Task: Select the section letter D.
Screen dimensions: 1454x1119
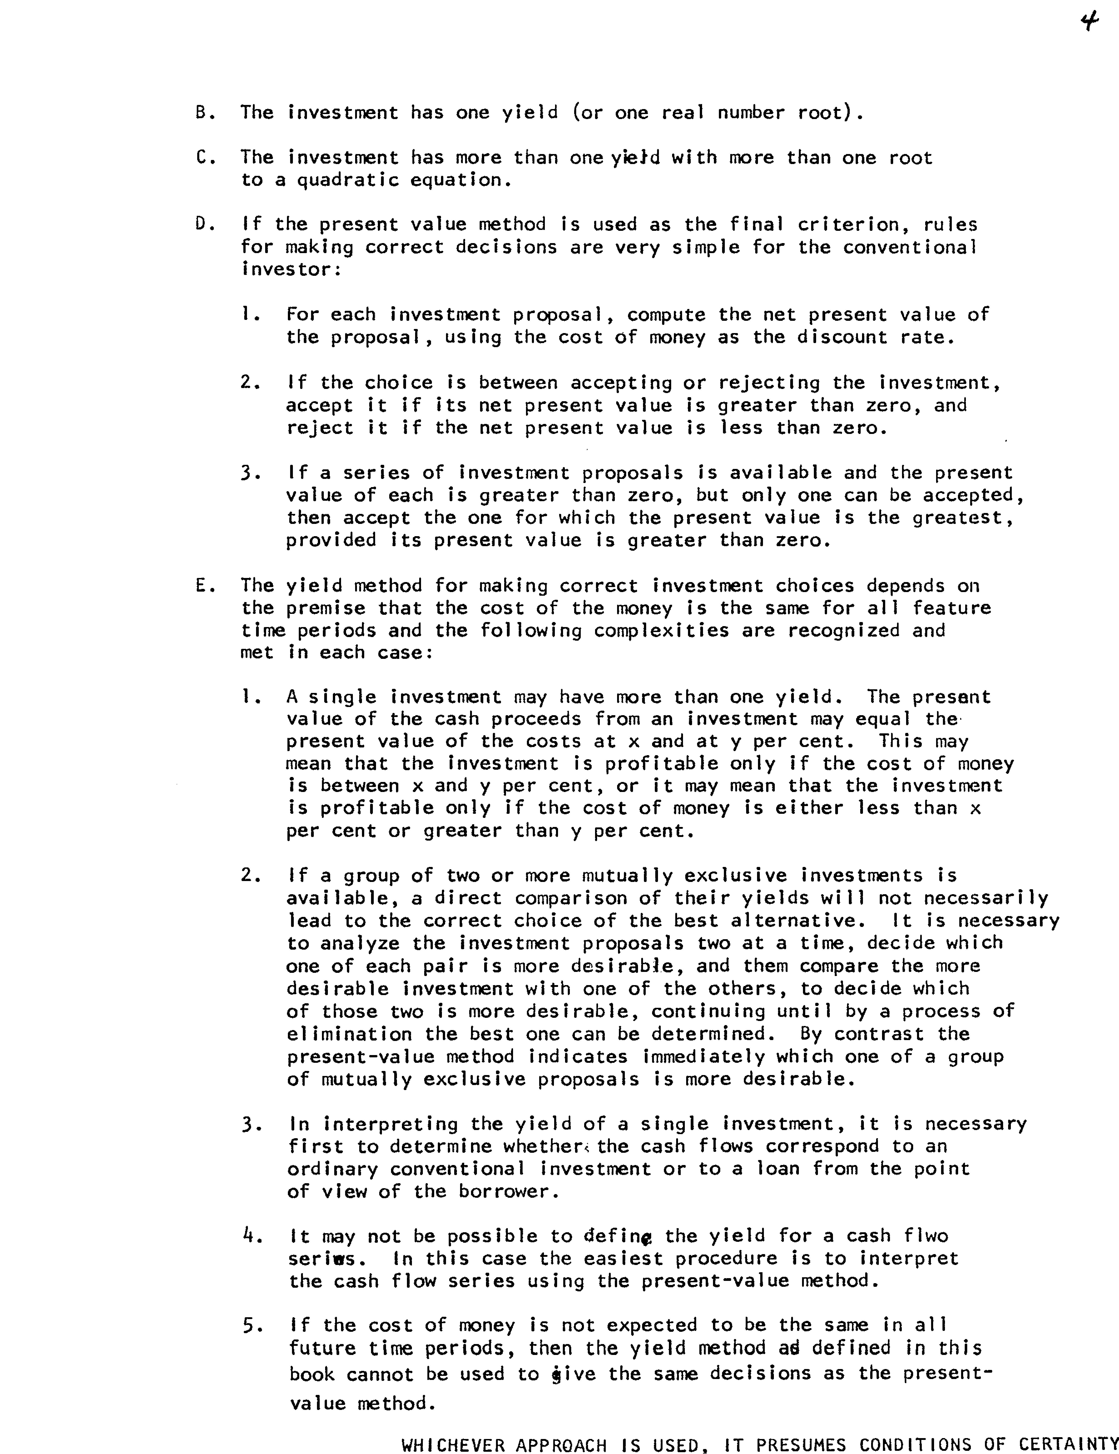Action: coord(202,224)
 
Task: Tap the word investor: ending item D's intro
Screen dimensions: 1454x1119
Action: coord(292,270)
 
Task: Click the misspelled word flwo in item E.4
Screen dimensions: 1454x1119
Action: coord(926,1236)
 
